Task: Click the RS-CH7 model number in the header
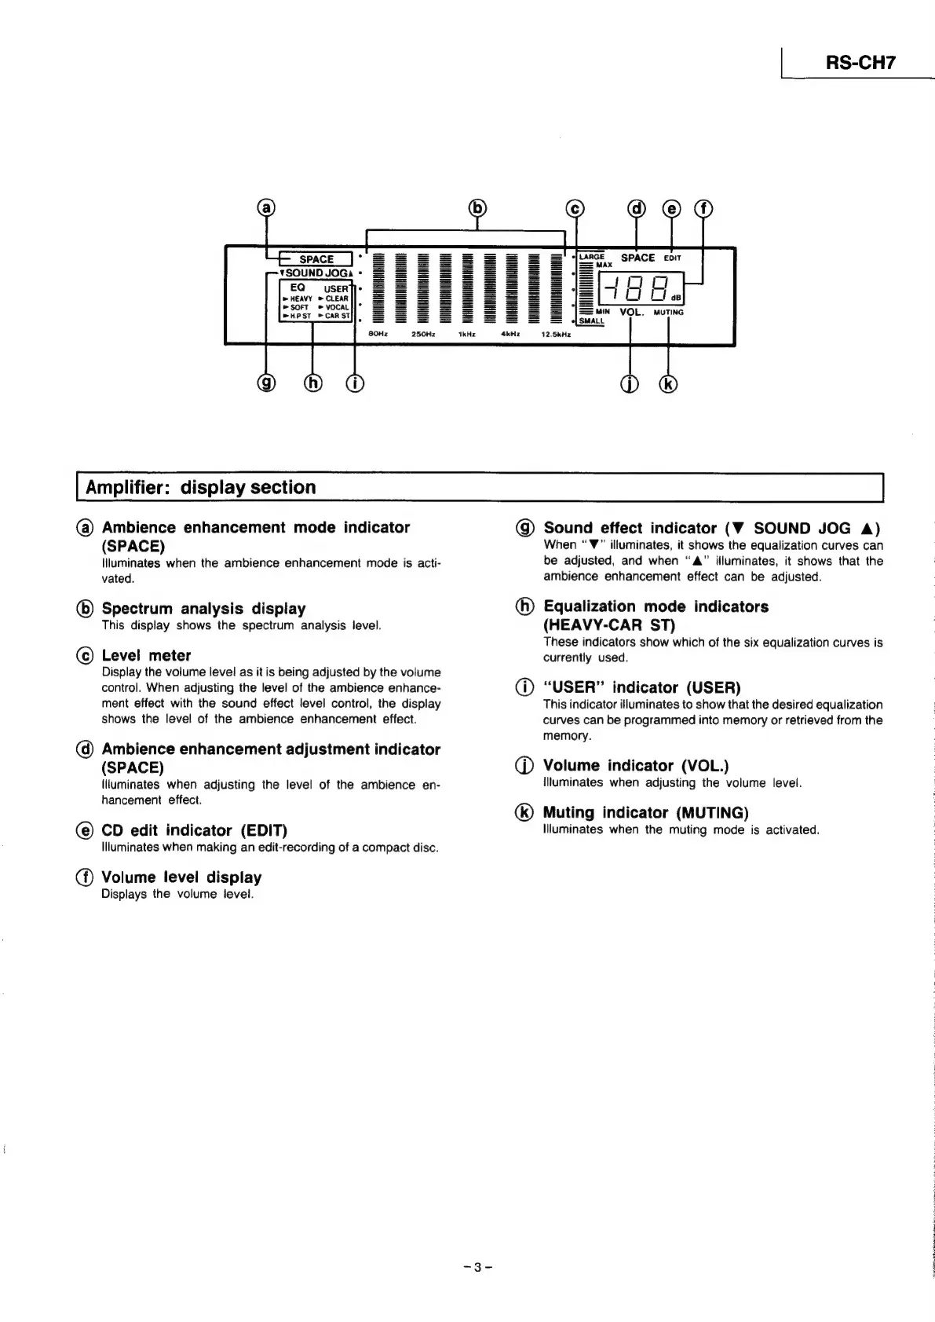click(x=860, y=63)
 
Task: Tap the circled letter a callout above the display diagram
click(x=268, y=207)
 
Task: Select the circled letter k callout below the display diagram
click(x=668, y=384)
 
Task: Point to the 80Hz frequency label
click(x=378, y=334)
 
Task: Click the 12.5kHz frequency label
click(x=555, y=334)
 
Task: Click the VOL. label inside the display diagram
click(x=631, y=312)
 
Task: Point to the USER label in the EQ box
click(x=336, y=288)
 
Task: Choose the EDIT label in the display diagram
click(x=673, y=258)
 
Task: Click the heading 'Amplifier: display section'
click(x=201, y=487)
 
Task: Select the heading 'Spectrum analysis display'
click(x=203, y=609)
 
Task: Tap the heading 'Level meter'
click(x=146, y=655)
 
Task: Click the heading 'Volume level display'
click(x=181, y=877)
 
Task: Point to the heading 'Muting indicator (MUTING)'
click(x=645, y=812)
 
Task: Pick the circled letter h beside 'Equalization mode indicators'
click(x=526, y=606)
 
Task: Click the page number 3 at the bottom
click(x=477, y=1267)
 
